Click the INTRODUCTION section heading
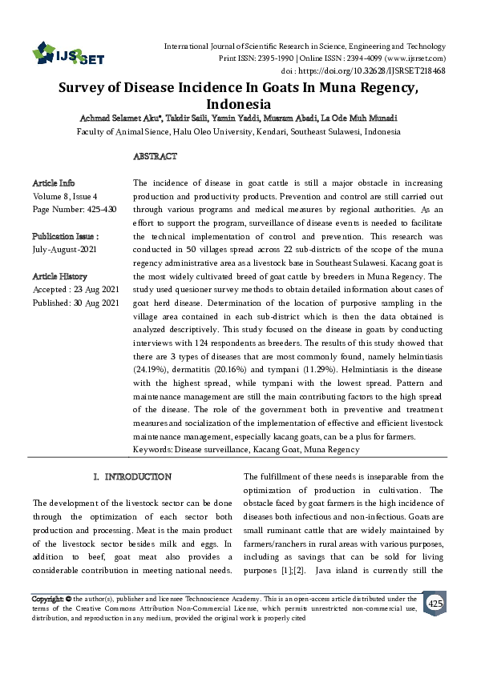point(132,476)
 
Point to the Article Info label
point(54,183)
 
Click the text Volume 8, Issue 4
point(65,196)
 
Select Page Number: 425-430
point(74,209)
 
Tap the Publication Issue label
point(65,237)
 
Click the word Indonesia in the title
point(239,104)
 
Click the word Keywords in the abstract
point(154,450)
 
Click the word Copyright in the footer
point(46,599)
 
